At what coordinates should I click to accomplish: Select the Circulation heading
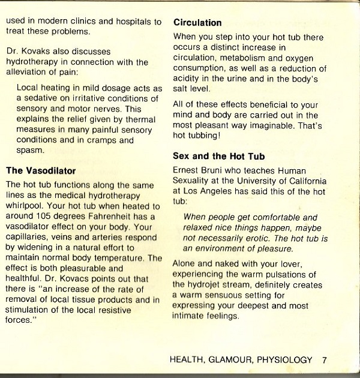[197, 23]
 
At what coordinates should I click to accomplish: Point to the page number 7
[324, 360]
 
